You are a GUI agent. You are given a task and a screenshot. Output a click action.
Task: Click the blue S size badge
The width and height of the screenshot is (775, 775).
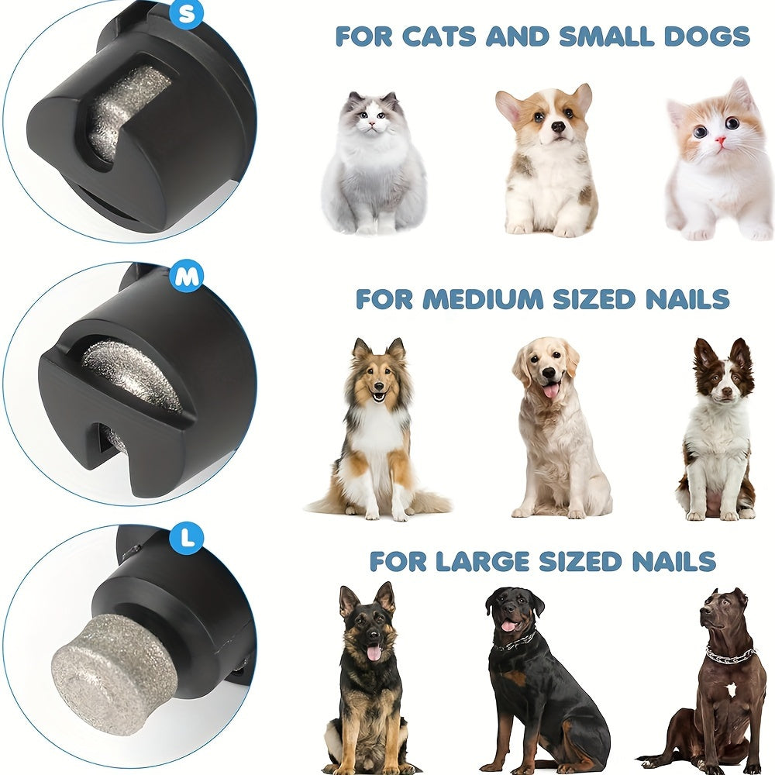tap(186, 13)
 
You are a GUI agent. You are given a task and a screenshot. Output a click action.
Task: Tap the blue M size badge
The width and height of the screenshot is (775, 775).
tap(186, 276)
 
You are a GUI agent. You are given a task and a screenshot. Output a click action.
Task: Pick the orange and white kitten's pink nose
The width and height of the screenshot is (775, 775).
tap(721, 142)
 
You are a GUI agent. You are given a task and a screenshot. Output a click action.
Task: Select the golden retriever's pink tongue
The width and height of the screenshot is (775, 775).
tap(550, 390)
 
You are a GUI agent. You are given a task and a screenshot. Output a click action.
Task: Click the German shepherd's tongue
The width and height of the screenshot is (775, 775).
tap(374, 653)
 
